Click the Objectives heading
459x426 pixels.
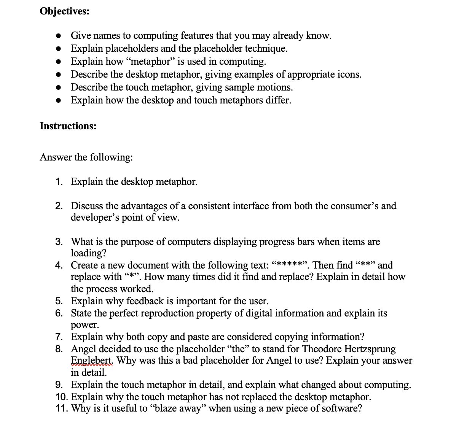64,11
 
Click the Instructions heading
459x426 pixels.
68,126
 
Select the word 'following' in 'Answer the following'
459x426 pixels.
111,157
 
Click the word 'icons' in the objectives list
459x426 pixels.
349,75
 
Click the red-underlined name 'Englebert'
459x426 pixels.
91,361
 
